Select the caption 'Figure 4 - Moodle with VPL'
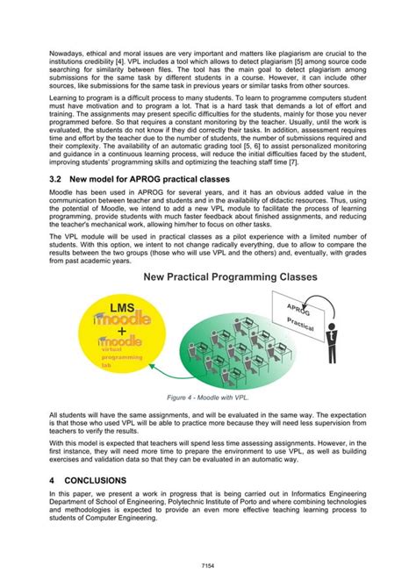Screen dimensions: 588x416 [x=207, y=397]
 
